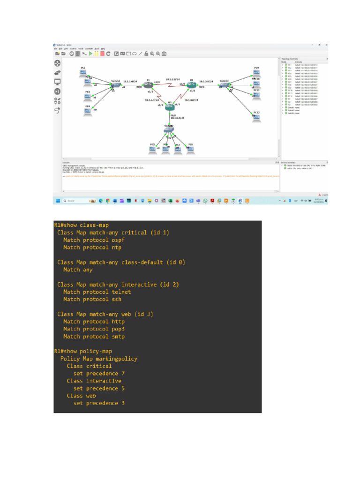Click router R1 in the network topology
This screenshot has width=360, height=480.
pyautogui.click(x=148, y=85)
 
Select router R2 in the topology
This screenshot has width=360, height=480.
pyautogui.click(x=191, y=85)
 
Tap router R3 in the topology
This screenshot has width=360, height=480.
pyautogui.click(x=170, y=108)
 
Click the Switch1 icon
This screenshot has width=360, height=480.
pyautogui.click(x=114, y=85)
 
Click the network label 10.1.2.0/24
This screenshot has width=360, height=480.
pyautogui.click(x=173, y=80)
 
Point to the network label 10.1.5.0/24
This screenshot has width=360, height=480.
pyautogui.click(x=152, y=100)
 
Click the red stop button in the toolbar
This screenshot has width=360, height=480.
pyautogui.click(x=102, y=53)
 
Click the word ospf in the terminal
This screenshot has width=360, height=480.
pyautogui.click(x=118, y=240)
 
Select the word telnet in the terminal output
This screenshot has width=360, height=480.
pyautogui.click(x=121, y=292)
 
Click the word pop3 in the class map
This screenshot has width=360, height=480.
pyautogui.click(x=118, y=329)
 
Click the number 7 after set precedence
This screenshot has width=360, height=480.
pyautogui.click(x=123, y=374)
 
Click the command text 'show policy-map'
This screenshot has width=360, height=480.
pyautogui.click(x=89, y=351)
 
